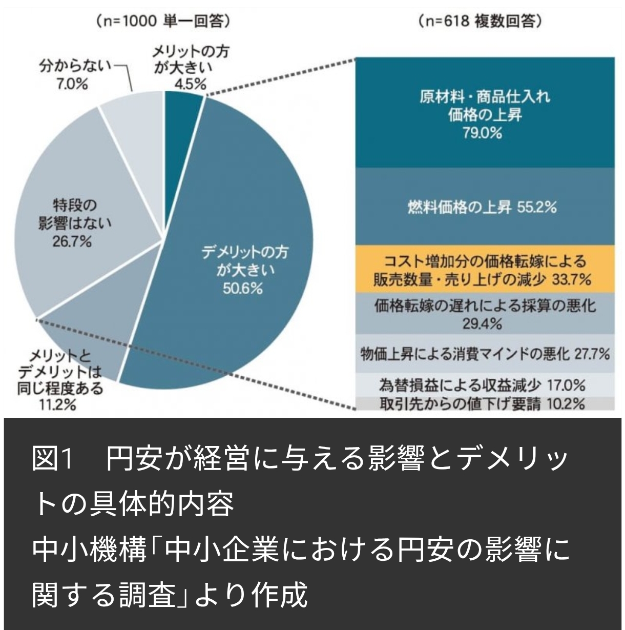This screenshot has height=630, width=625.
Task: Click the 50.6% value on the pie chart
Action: (x=242, y=289)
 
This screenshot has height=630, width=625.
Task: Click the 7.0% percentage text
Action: (x=72, y=84)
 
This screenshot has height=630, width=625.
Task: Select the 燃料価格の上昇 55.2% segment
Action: (x=485, y=207)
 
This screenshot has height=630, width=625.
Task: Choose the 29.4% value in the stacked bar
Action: (x=485, y=323)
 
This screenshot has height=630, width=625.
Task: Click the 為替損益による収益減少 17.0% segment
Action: (x=485, y=384)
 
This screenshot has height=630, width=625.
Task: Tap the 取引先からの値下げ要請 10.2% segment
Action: (x=485, y=403)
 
